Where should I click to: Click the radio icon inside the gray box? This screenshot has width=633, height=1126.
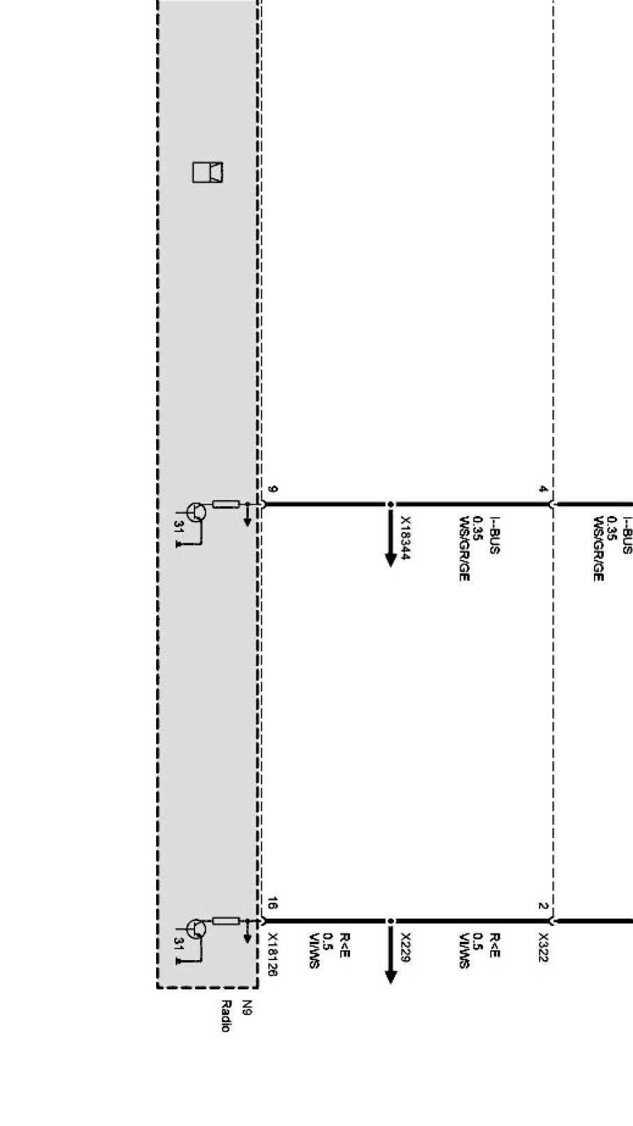tap(208, 172)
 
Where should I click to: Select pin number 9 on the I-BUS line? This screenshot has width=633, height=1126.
tap(272, 489)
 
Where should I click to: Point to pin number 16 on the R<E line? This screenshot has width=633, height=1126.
tap(272, 905)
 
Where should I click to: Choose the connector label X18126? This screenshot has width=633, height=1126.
tap(273, 954)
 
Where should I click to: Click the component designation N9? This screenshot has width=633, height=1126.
tap(246, 1007)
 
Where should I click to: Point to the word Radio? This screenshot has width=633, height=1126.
tap(225, 1016)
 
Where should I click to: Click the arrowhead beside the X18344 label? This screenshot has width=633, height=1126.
tap(390, 559)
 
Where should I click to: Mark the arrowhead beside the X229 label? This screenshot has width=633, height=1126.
tap(390, 976)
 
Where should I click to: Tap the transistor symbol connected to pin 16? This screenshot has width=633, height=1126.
tap(197, 929)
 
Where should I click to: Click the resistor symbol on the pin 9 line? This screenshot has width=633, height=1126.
tap(226, 504)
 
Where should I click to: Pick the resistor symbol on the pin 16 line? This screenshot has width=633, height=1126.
tap(226, 921)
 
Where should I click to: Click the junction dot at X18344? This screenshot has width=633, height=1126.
tap(390, 504)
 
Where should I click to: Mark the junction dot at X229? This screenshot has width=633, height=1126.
tap(390, 921)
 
